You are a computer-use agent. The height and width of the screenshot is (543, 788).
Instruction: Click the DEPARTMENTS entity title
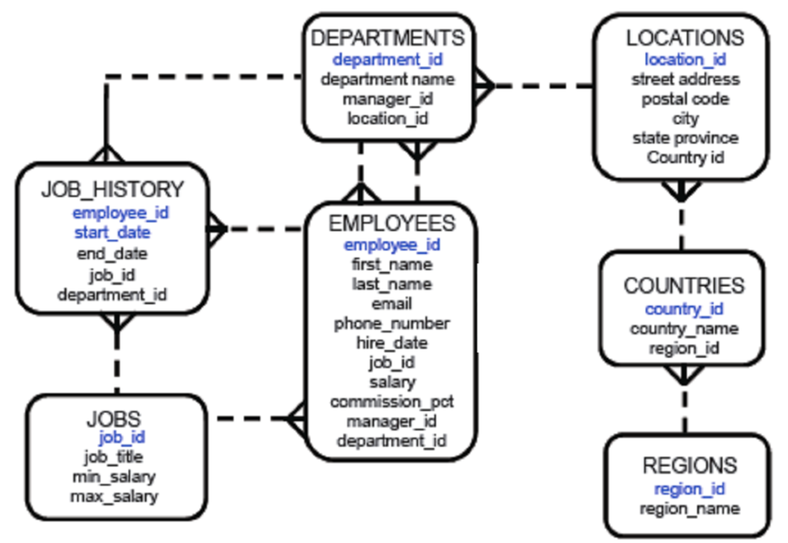[388, 37]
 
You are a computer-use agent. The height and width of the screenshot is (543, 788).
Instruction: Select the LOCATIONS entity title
[684, 37]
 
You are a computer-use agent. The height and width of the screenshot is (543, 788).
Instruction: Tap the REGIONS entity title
[689, 465]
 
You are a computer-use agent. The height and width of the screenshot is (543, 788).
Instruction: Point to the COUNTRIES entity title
[684, 286]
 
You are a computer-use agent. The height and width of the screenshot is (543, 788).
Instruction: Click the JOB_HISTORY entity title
[112, 189]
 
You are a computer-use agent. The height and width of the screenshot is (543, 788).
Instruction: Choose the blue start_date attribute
[112, 232]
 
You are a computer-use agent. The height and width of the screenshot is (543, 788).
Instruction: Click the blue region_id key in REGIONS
[689, 489]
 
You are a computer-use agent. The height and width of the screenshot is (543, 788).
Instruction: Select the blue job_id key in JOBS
[121, 436]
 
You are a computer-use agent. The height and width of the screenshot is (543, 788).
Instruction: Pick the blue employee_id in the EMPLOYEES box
[392, 244]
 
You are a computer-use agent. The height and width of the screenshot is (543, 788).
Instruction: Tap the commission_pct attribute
[392, 402]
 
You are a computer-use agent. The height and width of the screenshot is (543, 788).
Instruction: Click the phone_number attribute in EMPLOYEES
[392, 323]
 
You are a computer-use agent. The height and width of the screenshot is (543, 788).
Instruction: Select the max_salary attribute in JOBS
[114, 496]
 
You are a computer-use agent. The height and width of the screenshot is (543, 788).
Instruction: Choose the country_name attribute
[684, 329]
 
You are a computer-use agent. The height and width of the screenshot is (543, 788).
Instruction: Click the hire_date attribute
[392, 343]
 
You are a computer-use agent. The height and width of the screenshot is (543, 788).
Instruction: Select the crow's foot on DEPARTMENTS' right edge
[484, 86]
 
